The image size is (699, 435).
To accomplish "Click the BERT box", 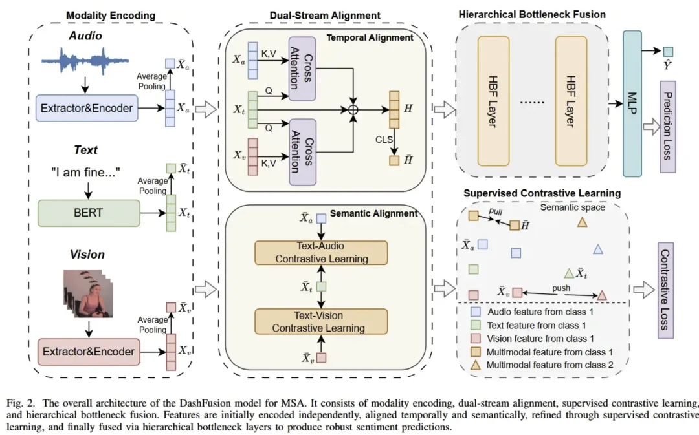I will [89, 213].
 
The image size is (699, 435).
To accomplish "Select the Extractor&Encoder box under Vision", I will [89, 352].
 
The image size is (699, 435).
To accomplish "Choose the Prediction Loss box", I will [667, 127].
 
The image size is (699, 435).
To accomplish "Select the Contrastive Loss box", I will [666, 291].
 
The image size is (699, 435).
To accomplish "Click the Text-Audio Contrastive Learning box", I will [321, 253].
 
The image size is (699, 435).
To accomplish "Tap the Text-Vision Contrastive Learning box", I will [321, 321].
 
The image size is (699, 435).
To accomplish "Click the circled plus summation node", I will [353, 110].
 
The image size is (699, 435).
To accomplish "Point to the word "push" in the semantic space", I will [560, 287].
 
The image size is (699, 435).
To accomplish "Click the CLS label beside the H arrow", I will [383, 138].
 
